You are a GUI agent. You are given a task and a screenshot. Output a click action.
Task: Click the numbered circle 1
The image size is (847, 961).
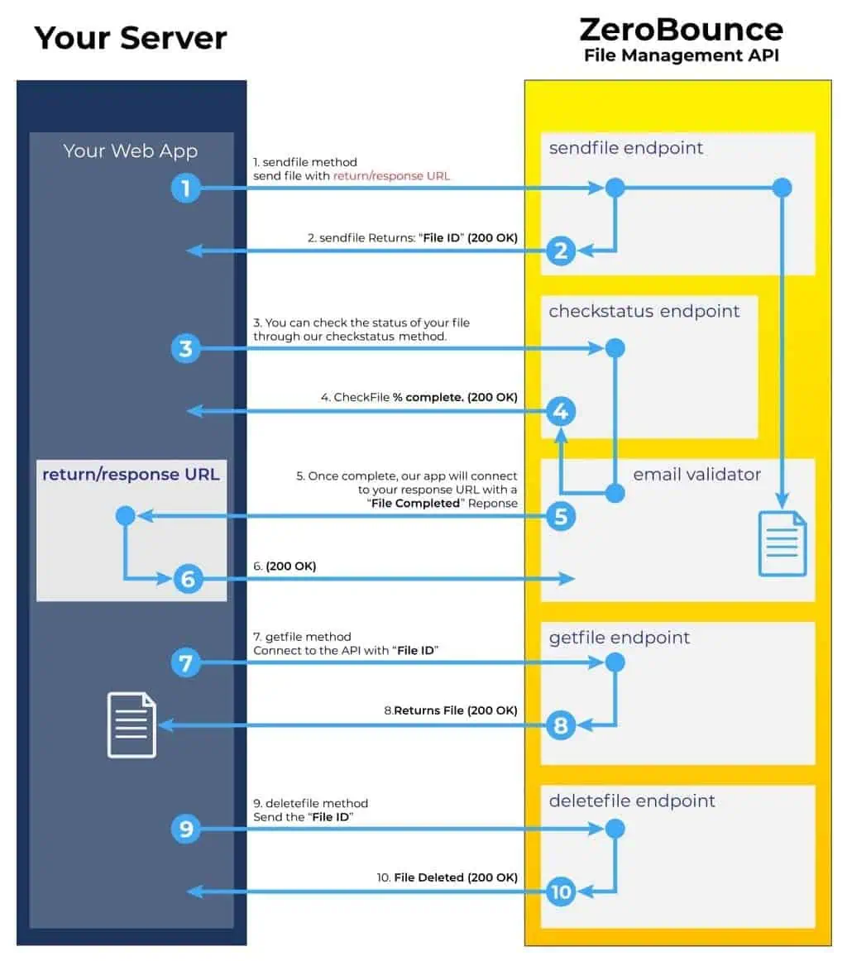[186, 189]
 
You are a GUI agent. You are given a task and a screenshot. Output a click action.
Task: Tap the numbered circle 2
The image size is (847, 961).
[561, 250]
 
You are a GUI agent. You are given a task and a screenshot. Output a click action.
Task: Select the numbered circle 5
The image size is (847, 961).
[561, 517]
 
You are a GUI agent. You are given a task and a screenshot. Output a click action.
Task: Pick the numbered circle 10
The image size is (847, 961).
[561, 892]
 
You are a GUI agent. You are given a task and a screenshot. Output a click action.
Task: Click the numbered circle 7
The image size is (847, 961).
[186, 663]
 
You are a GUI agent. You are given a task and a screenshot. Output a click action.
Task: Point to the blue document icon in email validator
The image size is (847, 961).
[782, 543]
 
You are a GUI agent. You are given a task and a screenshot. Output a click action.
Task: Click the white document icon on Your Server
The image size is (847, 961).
[132, 724]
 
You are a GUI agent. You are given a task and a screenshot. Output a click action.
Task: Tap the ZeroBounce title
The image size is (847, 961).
[681, 30]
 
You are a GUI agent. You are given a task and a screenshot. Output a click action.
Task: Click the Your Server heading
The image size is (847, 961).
[131, 38]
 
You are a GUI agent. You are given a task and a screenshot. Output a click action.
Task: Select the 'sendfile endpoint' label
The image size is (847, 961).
[626, 148]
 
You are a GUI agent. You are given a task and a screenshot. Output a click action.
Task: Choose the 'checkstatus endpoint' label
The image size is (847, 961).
[644, 311]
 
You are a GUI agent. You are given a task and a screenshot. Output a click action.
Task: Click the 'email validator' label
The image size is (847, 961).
[696, 475]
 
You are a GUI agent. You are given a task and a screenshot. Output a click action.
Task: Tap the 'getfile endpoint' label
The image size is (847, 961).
[620, 638]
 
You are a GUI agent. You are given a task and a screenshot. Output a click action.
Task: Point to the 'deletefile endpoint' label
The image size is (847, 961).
[632, 801]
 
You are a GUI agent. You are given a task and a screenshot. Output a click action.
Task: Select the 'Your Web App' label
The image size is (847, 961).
[131, 151]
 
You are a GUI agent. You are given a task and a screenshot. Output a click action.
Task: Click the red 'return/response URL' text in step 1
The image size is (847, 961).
[391, 176]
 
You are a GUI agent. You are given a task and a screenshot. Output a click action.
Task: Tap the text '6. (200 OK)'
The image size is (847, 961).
[285, 567]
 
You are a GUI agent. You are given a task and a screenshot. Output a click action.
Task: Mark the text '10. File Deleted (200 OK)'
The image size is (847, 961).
[447, 877]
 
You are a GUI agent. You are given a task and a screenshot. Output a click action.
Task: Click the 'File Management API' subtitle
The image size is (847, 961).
[681, 56]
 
